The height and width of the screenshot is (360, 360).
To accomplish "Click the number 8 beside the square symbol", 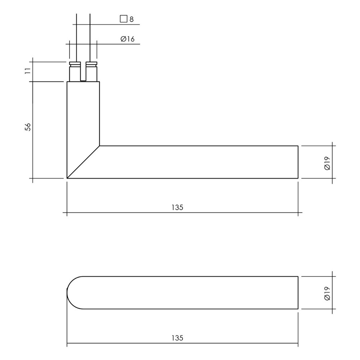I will point(131,19).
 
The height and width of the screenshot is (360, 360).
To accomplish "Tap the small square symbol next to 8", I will point(123,19).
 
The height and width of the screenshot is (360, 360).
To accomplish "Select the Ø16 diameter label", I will point(127,39).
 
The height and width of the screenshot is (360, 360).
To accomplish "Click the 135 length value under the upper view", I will point(178,207).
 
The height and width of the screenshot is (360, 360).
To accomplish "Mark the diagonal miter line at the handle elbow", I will point(84,162).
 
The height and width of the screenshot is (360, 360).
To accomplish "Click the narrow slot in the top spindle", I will point(83,72).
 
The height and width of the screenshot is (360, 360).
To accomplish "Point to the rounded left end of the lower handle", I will point(72,293).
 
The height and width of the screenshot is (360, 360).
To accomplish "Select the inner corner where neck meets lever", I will point(100,146).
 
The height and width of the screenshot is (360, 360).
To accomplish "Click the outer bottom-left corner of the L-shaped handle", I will point(68,178).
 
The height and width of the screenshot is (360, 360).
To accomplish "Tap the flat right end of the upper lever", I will point(298,162).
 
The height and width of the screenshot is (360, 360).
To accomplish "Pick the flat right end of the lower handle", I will point(298,293).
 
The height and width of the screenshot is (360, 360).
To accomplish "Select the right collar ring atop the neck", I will point(91,65).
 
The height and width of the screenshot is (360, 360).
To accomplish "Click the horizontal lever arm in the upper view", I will point(198,162).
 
